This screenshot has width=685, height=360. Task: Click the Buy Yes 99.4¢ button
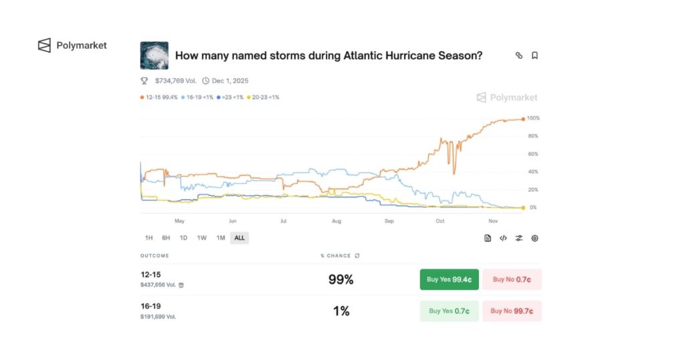click(449, 279)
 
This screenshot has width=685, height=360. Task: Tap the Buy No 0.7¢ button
click(512, 279)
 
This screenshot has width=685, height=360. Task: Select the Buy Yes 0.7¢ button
click(449, 310)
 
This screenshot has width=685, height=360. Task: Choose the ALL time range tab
click(239, 238)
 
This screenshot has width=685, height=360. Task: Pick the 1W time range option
click(201, 238)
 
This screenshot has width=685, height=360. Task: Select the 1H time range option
click(149, 238)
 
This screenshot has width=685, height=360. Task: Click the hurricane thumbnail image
click(154, 56)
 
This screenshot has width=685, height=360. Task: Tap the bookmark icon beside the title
click(534, 56)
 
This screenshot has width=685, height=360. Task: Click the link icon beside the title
click(518, 56)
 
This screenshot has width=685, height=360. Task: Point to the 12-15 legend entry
click(159, 97)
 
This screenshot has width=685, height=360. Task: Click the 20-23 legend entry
click(263, 97)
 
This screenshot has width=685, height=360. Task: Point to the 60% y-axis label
click(532, 154)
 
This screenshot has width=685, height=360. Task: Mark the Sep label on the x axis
click(389, 220)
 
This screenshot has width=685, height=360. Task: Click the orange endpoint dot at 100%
click(522, 118)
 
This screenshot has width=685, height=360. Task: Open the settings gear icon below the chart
click(534, 238)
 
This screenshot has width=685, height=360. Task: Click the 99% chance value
click(340, 280)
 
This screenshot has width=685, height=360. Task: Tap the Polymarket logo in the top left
click(72, 46)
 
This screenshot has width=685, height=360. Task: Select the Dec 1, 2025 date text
click(229, 81)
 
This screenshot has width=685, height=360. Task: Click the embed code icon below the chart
click(503, 238)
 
